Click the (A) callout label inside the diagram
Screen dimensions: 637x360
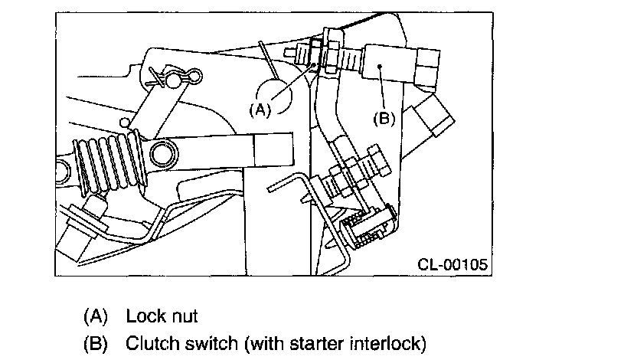(260, 110)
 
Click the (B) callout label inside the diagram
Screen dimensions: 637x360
(384, 119)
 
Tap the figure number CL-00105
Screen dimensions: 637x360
(452, 264)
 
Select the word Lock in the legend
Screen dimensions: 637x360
(144, 316)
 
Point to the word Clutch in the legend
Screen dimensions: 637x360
(151, 343)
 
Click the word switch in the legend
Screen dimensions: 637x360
(211, 343)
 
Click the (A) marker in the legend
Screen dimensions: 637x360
(96, 316)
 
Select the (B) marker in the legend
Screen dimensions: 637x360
(96, 344)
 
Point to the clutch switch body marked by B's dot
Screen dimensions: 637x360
(389, 65)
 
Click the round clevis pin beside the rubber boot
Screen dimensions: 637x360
(164, 155)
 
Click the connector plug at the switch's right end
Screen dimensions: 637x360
(427, 67)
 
